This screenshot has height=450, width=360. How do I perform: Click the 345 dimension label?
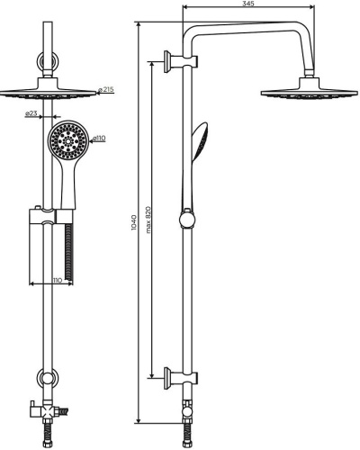(x=248, y=4)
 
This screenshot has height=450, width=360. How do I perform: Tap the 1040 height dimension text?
(x=134, y=222)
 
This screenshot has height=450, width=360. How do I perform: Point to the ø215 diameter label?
(x=106, y=89)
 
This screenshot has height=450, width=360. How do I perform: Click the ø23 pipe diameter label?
(x=31, y=113)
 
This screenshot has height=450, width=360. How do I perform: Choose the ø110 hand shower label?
(x=99, y=138)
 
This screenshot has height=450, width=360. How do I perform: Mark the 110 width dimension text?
(x=58, y=280)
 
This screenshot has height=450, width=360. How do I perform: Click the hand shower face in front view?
(x=68, y=140)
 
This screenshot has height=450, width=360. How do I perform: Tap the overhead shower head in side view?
(x=310, y=89)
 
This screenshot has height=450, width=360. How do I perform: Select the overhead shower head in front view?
(x=48, y=89)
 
